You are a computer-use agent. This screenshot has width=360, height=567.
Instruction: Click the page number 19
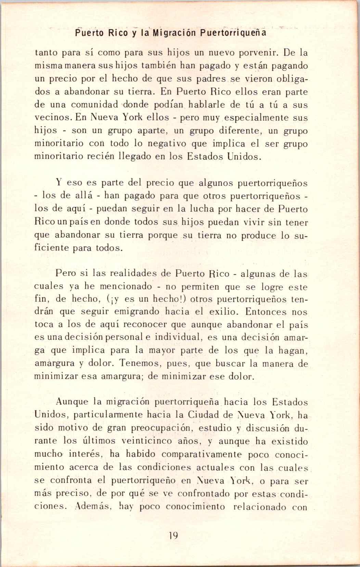[173, 535]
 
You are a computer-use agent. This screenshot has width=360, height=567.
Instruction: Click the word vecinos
[53, 118]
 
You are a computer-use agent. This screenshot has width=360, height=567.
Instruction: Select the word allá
[86, 196]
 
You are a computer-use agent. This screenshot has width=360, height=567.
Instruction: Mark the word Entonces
[266, 312]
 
